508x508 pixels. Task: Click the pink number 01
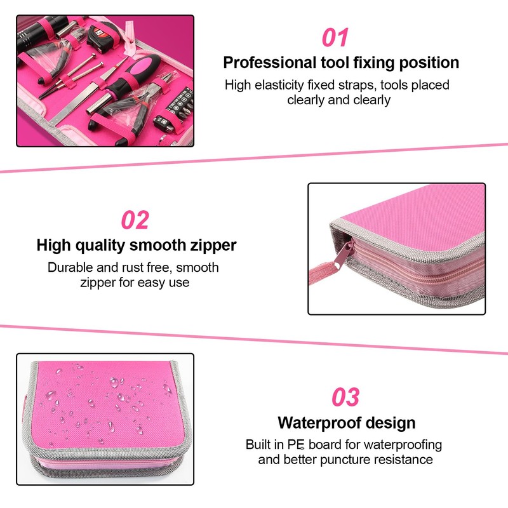click(x=335, y=37)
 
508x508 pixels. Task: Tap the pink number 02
click(x=135, y=220)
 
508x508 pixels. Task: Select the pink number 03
click(x=346, y=398)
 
